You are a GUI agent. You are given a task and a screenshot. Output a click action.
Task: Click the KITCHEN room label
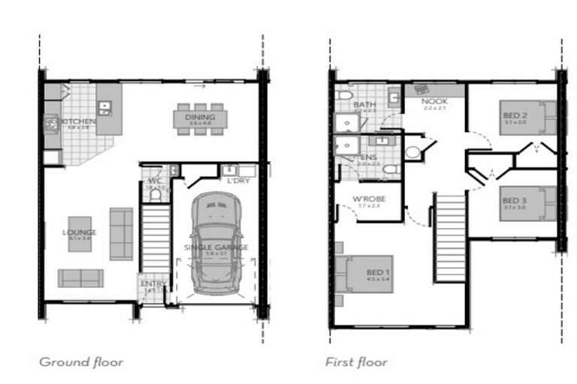tap(79, 121)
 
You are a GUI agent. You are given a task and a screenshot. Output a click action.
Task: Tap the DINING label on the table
tap(199, 117)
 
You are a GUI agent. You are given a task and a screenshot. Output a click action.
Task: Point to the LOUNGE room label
tap(80, 232)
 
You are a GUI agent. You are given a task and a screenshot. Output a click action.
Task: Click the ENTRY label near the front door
tap(148, 283)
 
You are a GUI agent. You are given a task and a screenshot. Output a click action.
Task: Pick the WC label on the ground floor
tap(154, 180)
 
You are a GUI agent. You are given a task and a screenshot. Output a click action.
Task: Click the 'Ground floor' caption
tap(81, 362)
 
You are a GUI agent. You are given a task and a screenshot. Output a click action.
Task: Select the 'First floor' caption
tap(356, 362)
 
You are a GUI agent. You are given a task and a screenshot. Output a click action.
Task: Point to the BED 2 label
tap(515, 115)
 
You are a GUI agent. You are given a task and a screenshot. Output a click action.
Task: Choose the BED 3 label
tap(515, 200)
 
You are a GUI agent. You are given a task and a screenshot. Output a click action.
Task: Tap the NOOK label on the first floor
tap(434, 101)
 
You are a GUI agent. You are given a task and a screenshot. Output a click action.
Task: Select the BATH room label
tap(365, 105)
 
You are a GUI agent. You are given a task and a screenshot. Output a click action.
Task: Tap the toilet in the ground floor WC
tap(156, 194)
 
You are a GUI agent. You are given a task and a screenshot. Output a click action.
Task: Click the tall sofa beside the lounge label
tap(121, 233)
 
